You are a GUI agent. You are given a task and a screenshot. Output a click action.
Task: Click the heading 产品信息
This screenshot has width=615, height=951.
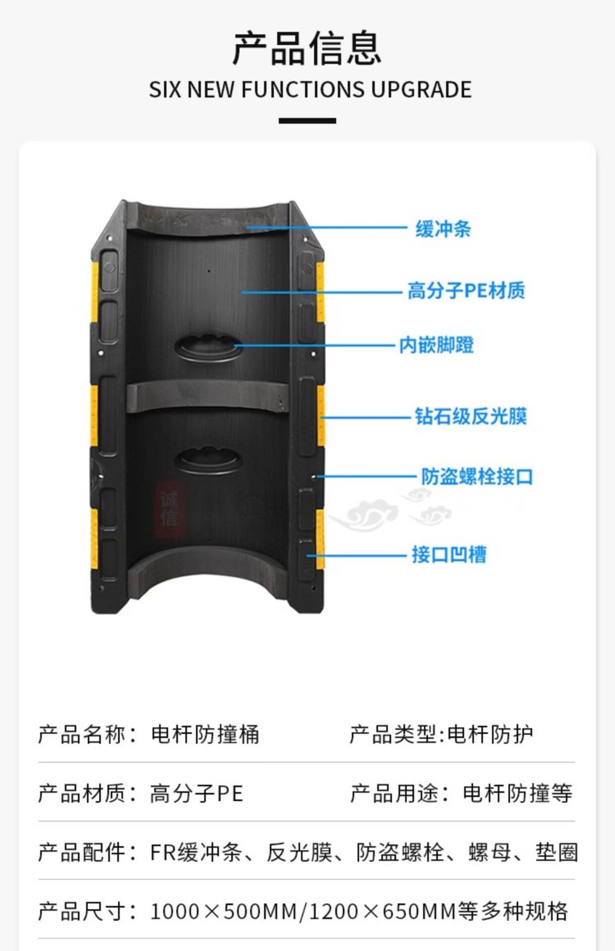coord(307,48)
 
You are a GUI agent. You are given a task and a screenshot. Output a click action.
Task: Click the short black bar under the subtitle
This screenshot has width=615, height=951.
coord(307,120)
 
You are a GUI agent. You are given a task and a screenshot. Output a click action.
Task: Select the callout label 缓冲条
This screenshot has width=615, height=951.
coord(443,229)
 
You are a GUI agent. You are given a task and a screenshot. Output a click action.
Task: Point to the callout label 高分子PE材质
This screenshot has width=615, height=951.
coord(466,291)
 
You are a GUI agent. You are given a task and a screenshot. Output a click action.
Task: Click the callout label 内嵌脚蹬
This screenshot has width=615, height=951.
coord(436,345)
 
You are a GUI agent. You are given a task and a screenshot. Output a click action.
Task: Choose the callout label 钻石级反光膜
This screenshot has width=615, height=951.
coord(470,416)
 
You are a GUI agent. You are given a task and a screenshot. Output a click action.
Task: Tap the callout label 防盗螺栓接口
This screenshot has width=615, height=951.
coord(477,476)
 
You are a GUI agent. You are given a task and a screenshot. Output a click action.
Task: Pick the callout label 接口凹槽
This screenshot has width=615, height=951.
coord(449,554)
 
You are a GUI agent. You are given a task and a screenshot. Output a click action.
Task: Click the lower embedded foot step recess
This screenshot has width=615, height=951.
coord(208,461)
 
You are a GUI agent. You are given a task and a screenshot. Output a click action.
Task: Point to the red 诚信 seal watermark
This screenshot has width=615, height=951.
coord(169,510)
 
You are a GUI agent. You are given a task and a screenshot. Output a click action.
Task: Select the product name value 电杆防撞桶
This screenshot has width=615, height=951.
coord(205,734)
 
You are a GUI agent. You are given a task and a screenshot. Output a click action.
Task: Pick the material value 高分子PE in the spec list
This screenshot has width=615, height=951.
coord(196,793)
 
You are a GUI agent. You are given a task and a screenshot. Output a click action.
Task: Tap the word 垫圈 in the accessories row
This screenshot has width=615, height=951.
coord(556,852)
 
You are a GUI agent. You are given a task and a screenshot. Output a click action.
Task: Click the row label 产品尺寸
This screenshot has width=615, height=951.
coord(82,911)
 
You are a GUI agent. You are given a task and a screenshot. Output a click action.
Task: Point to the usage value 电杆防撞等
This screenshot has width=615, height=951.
coord(517,793)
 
